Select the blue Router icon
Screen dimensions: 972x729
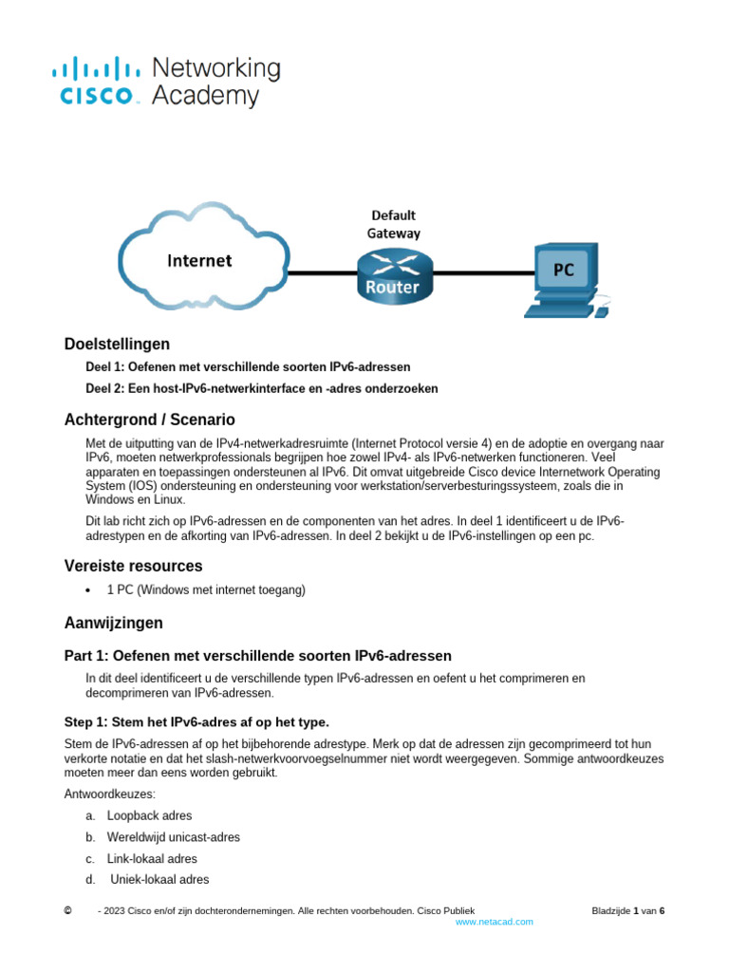click(393, 274)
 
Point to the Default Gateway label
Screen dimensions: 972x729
click(393, 224)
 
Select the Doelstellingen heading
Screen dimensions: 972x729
click(117, 344)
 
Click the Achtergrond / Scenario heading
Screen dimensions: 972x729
click(149, 420)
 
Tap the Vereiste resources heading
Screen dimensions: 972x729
click(133, 566)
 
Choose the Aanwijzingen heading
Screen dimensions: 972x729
click(113, 623)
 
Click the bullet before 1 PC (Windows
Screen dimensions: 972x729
click(88, 590)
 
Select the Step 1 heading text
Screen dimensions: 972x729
click(196, 721)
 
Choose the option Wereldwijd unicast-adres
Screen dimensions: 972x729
click(173, 837)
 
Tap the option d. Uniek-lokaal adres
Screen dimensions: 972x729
click(159, 879)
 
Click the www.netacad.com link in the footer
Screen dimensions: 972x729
click(494, 922)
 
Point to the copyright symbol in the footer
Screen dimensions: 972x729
click(67, 910)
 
